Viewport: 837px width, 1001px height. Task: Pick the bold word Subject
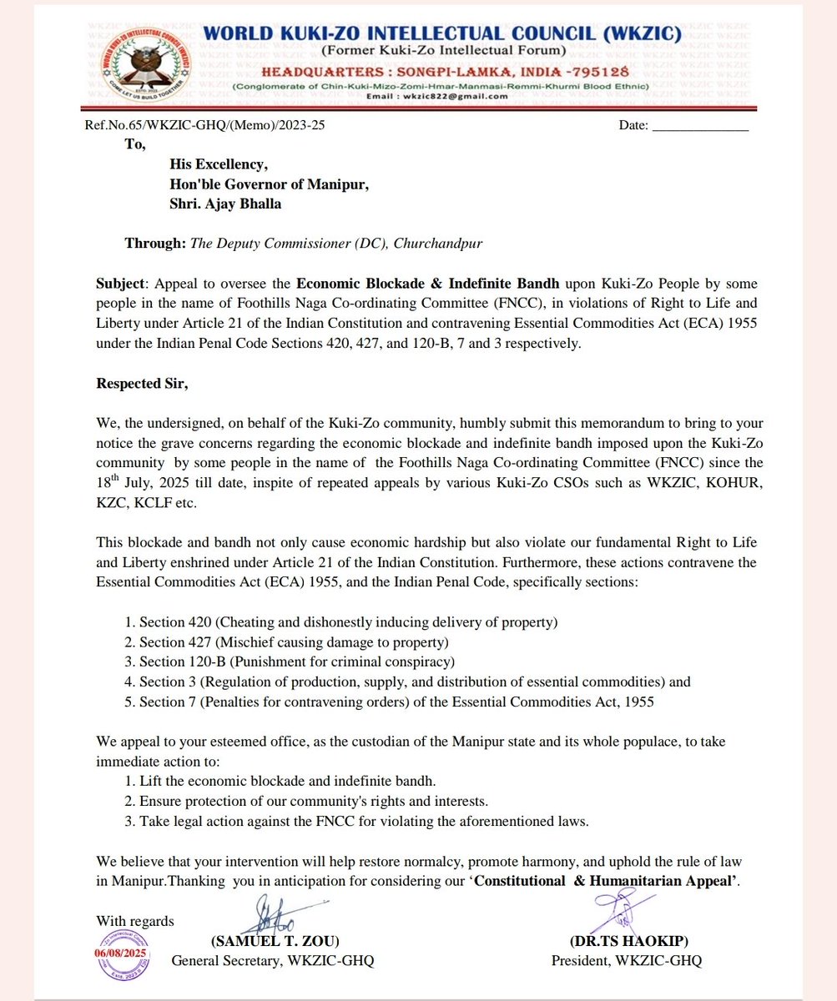[x=120, y=284]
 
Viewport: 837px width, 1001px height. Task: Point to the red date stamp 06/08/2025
[x=124, y=952]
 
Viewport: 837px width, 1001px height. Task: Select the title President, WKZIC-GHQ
[x=627, y=961]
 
